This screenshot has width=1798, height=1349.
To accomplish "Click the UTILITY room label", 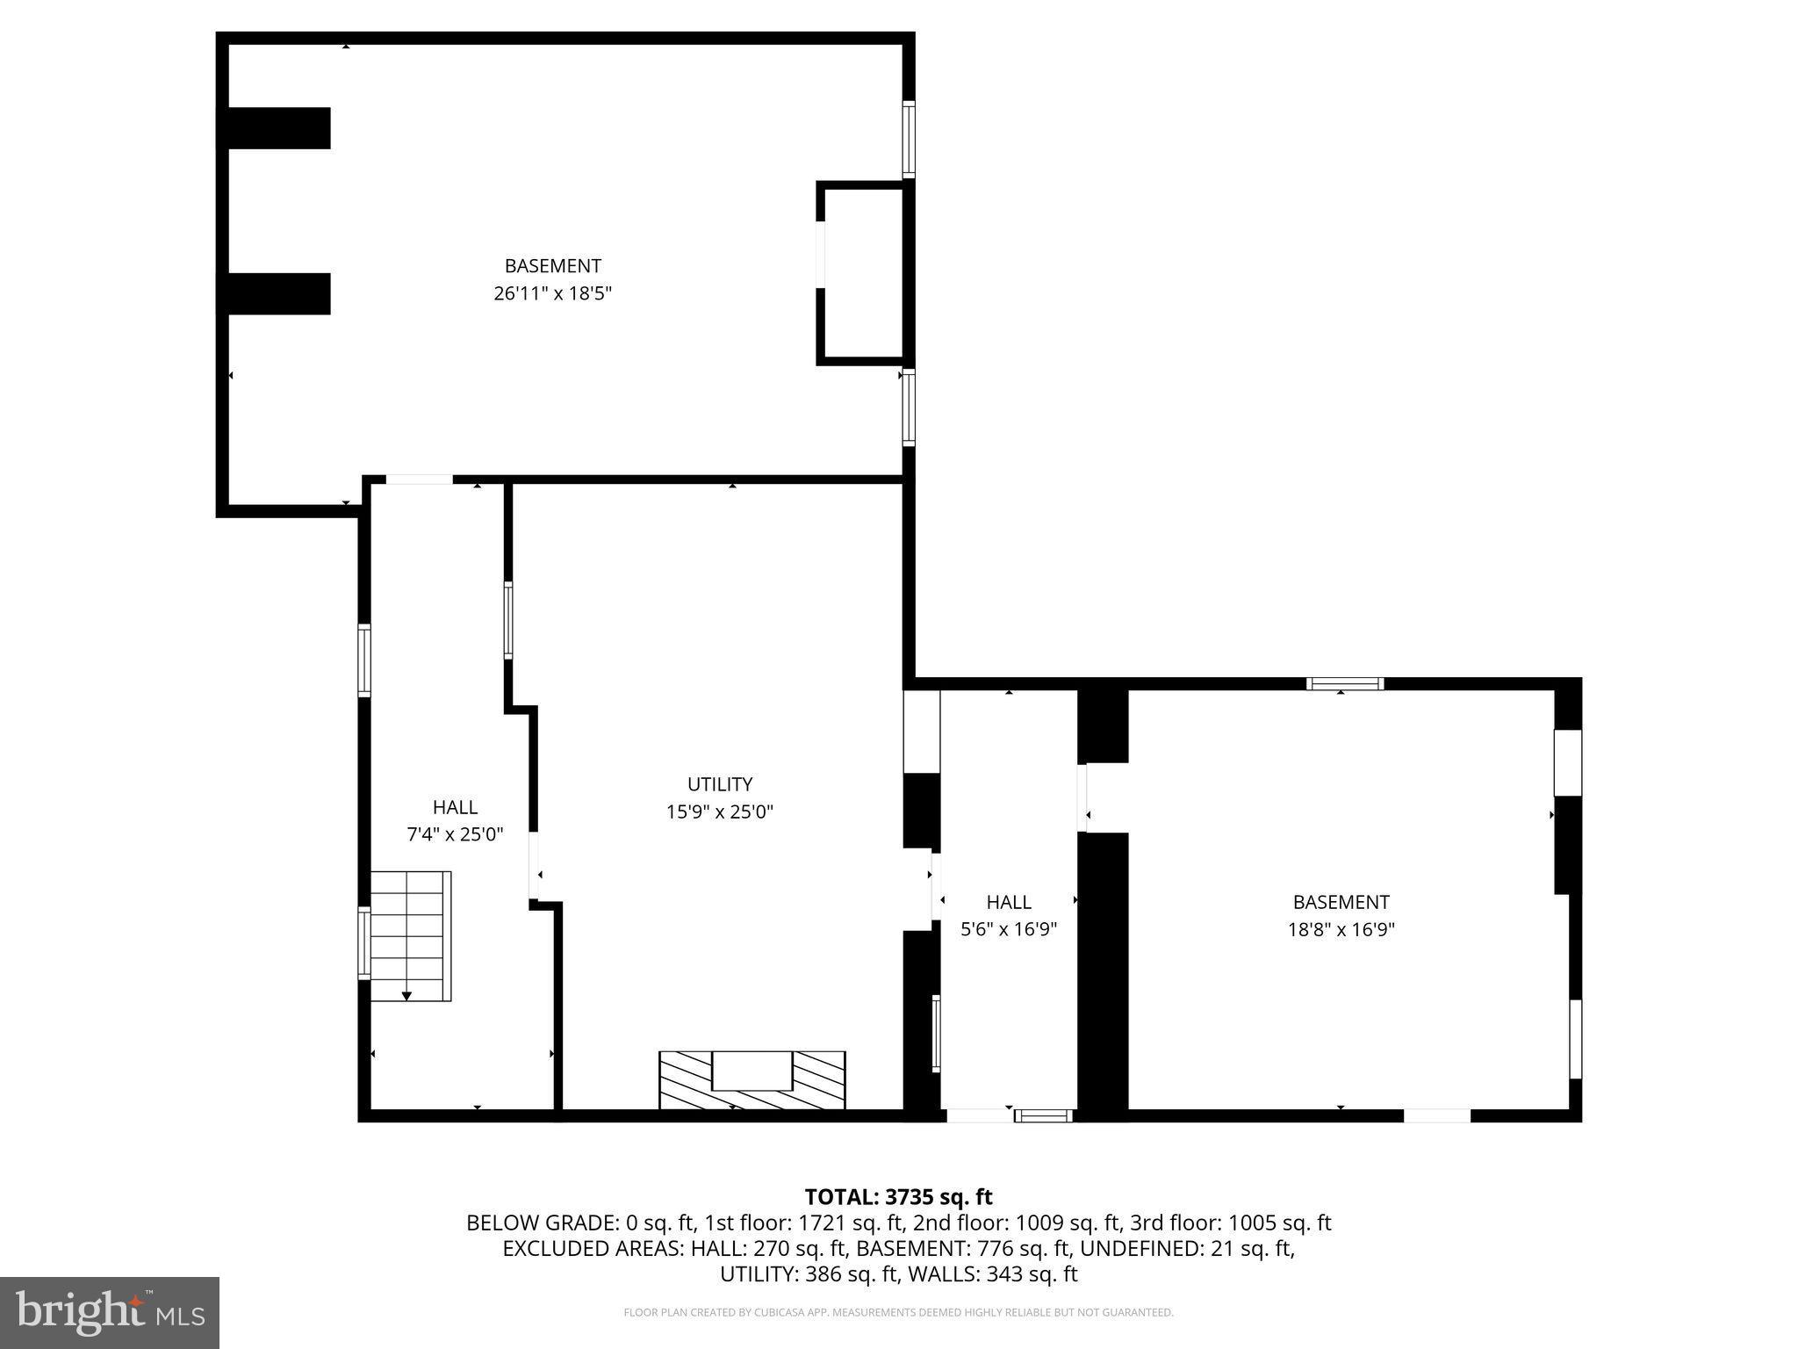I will click(719, 784).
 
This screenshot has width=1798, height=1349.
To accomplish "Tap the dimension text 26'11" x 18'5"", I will click(552, 293).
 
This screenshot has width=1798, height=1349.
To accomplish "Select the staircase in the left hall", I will click(410, 935).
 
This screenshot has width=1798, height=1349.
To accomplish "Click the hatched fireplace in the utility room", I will click(752, 1079).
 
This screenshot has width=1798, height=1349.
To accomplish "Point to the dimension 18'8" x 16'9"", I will click(1341, 929).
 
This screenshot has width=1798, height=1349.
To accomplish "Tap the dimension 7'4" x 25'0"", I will click(455, 834).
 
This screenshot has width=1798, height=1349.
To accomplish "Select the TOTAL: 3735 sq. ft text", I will click(898, 1196).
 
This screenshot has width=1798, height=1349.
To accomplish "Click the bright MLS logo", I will click(110, 1312).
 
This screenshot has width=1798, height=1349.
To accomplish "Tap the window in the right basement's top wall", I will click(1344, 683).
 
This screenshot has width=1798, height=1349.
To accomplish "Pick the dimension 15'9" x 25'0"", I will click(719, 812).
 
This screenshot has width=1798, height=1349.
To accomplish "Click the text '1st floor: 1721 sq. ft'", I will click(804, 1223).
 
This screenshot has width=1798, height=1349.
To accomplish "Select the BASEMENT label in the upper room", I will click(552, 265).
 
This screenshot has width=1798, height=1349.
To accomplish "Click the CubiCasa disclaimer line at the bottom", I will click(898, 1312).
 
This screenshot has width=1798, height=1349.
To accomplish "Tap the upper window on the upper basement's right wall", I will click(909, 140).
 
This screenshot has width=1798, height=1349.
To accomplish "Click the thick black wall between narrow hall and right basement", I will click(1103, 975).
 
